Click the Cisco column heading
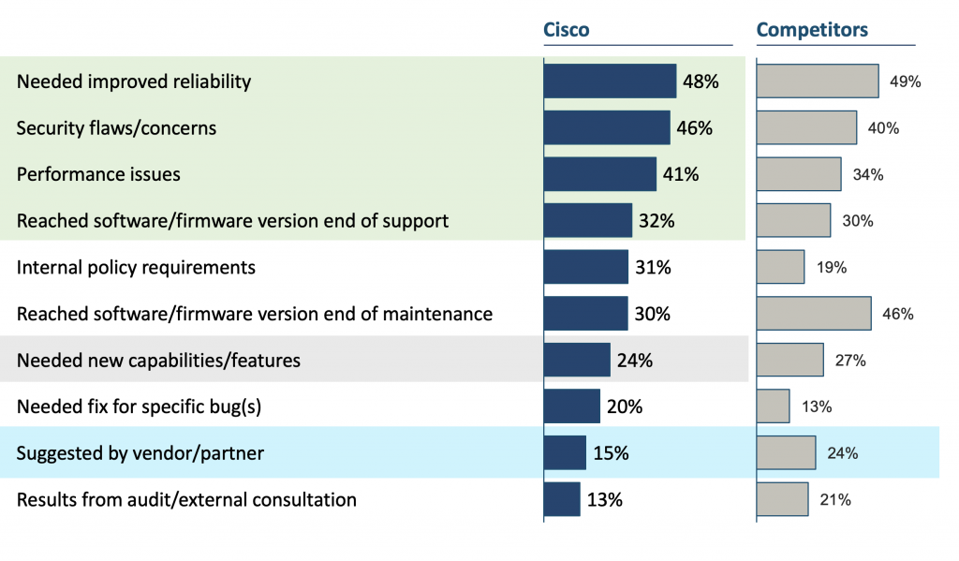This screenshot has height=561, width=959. pos(567,29)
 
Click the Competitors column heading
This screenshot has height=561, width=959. pos(811,29)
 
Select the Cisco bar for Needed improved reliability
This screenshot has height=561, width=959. pos(610,81)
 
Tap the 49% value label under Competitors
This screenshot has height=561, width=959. pos(905,81)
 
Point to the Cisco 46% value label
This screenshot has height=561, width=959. pos(694,128)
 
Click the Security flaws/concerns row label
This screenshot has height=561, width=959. pos(116,128)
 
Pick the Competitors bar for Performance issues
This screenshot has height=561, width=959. pos(798,174)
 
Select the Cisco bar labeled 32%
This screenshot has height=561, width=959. pos(587,221)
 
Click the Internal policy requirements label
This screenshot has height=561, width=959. pos(136,268)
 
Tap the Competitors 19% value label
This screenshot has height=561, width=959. pos(831,268)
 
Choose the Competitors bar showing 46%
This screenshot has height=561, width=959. pos(813,314)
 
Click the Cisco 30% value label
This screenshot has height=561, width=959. pos(652,314)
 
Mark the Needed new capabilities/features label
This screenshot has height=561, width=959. pos(158,361)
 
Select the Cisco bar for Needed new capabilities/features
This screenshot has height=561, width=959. pos(576,361)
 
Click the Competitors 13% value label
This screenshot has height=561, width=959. pos(816,406)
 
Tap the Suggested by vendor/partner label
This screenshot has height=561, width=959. pos(140,453)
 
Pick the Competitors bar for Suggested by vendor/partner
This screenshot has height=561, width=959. pos(786,453)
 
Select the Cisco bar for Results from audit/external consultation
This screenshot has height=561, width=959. pos(562,499)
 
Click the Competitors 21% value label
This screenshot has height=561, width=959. pos(834,499)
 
